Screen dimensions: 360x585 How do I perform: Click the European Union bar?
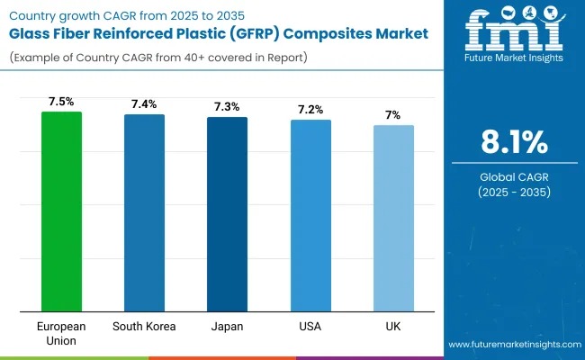61,211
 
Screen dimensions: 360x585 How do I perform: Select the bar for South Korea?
144,213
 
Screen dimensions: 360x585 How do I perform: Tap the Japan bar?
227,214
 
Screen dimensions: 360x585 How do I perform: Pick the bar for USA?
310,216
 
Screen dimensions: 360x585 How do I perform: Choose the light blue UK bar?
393,219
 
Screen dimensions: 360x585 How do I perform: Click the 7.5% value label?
61,102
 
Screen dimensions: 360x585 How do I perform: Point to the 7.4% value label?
144,104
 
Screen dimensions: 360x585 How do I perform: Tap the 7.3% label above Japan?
227,107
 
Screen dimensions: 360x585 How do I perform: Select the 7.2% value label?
310,110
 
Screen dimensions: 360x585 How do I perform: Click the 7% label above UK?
393,115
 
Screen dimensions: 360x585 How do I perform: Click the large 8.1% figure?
513,143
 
